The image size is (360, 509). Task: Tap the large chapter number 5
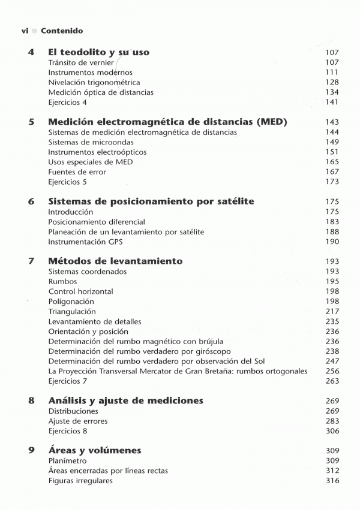31,122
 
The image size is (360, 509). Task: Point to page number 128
332,82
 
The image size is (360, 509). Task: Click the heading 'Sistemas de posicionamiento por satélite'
151,201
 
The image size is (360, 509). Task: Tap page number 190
332,242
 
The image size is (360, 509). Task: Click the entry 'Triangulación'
72,312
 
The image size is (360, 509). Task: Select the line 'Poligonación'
71,302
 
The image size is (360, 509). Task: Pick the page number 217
332,312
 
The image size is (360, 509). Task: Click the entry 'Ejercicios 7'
67,381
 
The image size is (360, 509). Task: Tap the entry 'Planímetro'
67,461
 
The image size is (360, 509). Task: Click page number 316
332,481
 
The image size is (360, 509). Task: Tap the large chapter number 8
31,400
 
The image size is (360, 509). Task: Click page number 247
332,361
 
